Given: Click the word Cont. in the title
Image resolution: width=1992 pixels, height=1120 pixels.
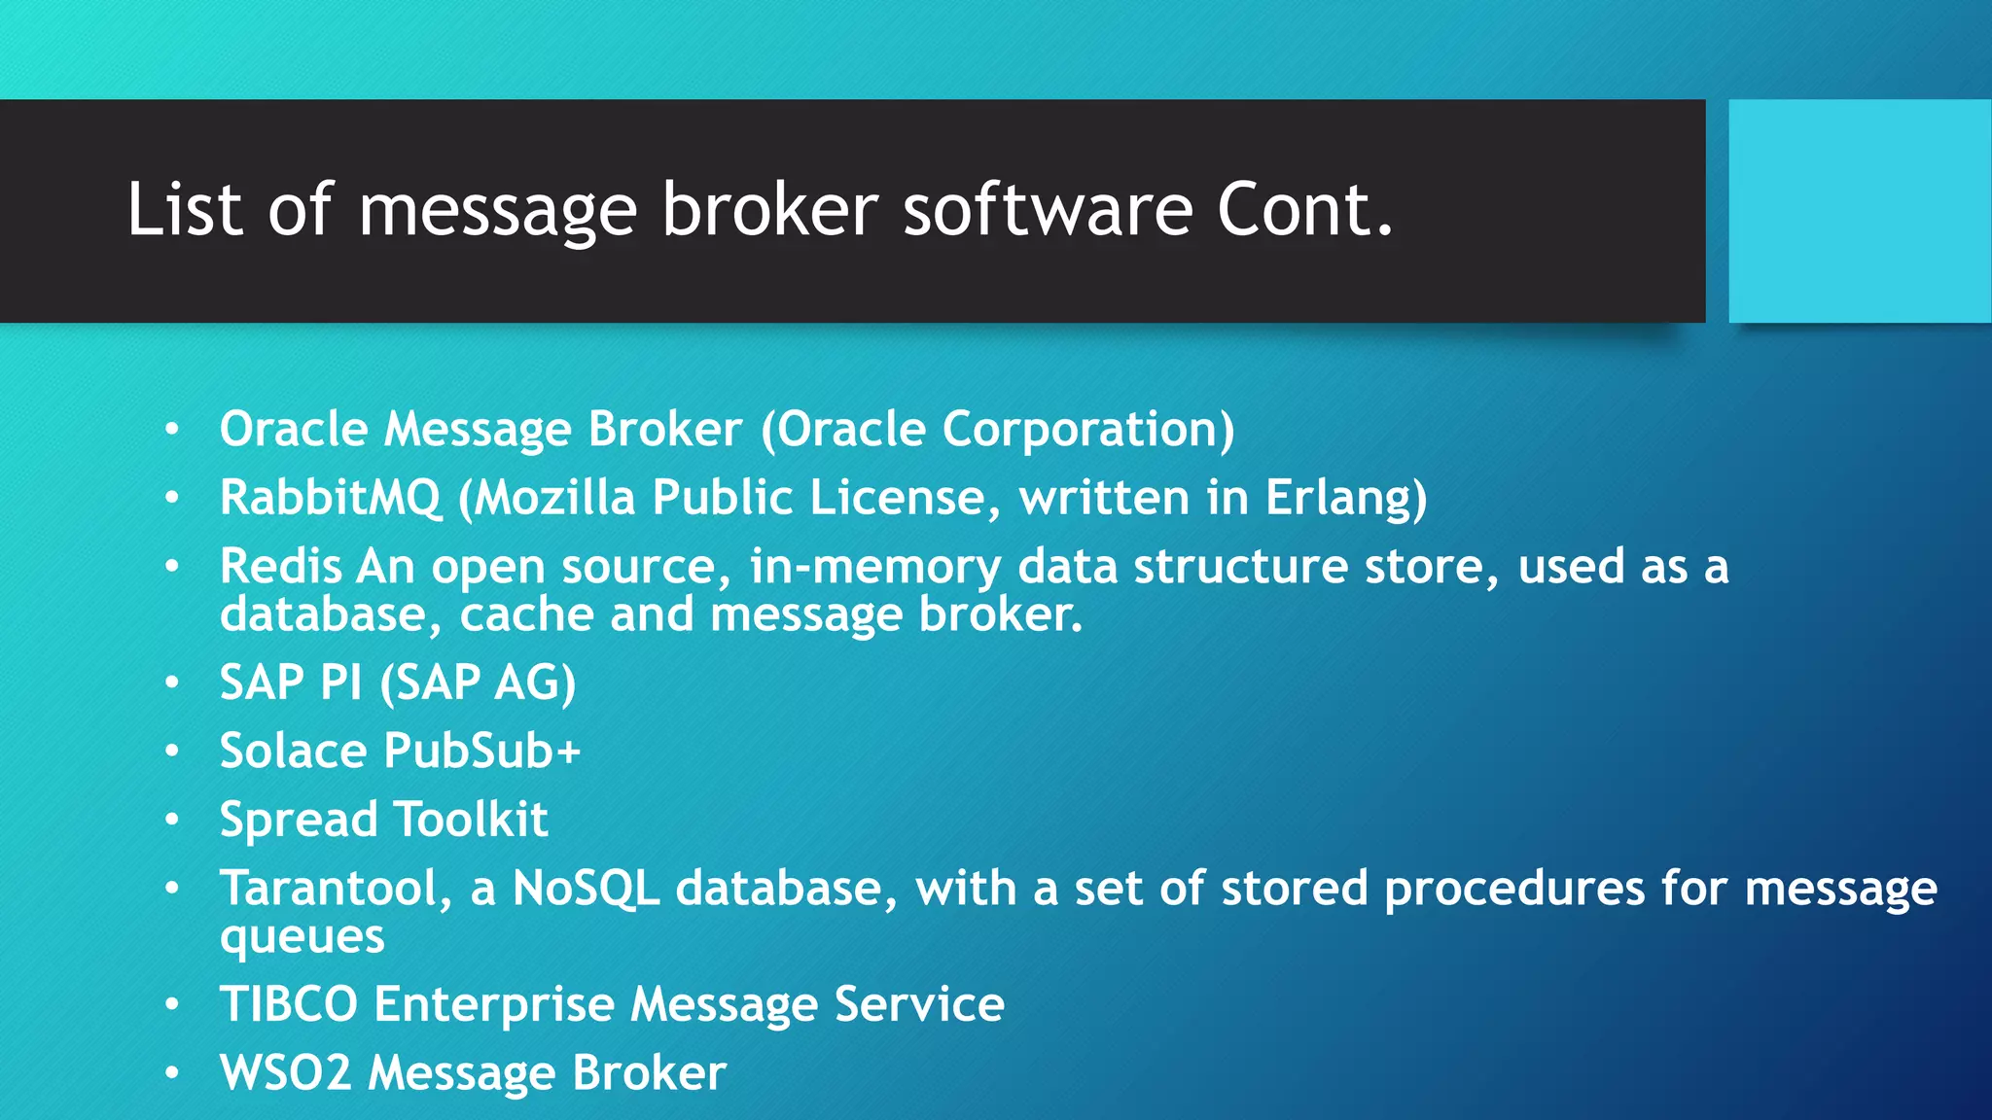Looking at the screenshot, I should pyautogui.click(x=1305, y=209).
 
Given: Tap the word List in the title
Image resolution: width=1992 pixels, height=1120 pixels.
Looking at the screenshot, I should pyautogui.click(x=184, y=209).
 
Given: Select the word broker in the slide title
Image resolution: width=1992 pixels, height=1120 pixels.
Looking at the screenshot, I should pyautogui.click(x=769, y=209).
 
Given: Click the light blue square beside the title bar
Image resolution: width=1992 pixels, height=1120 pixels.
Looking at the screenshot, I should pyautogui.click(x=1859, y=211).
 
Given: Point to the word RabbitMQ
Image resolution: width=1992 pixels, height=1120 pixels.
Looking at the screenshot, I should pyautogui.click(x=331, y=498).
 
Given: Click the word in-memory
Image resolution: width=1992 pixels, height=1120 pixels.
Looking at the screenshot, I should pyautogui.click(x=874, y=566).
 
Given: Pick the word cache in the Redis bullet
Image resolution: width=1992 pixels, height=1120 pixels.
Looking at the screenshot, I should pyautogui.click(x=526, y=614).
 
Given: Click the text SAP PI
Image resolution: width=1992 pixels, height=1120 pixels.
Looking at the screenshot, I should pyautogui.click(x=291, y=682).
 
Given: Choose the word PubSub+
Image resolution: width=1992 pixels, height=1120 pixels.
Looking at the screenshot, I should pyautogui.click(x=482, y=751).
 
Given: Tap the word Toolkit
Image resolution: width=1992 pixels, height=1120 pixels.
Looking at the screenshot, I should pyautogui.click(x=471, y=820).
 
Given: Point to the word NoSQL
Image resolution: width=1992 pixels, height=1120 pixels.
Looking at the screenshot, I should pyautogui.click(x=587, y=889).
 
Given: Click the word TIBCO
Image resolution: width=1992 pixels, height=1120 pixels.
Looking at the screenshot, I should pyautogui.click(x=289, y=1004).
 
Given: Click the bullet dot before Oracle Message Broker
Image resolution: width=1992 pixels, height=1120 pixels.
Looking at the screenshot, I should pyautogui.click(x=172, y=430).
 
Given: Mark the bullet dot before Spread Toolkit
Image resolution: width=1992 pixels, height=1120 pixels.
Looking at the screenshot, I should pyautogui.click(x=172, y=821).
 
